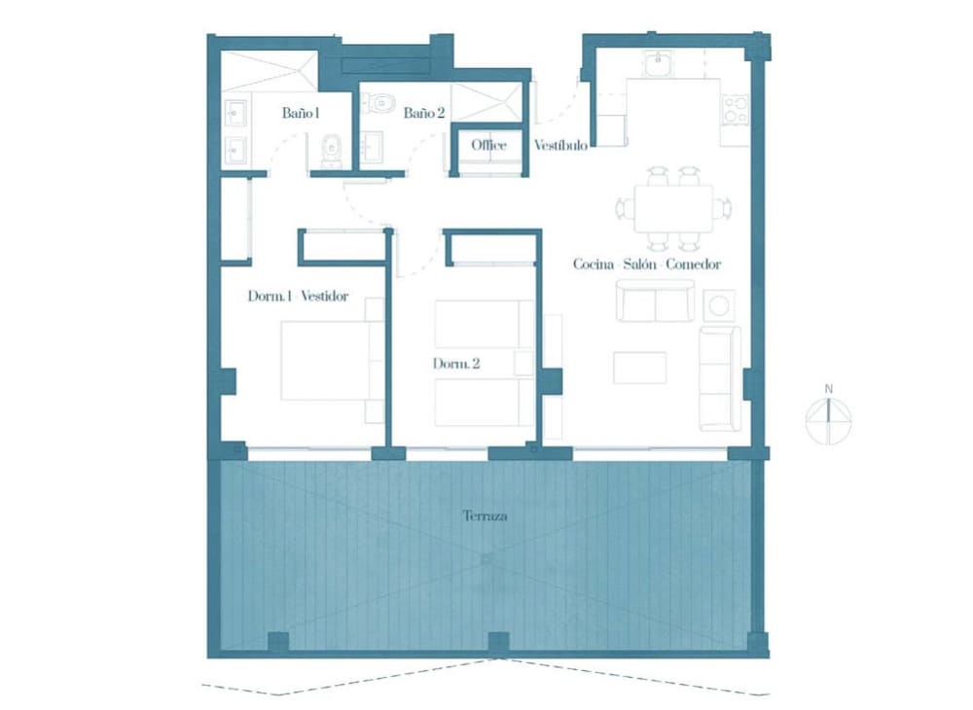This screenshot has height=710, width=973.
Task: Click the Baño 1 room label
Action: [302, 114]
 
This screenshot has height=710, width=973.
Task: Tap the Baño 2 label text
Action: [424, 114]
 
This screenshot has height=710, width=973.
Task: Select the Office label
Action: [488, 145]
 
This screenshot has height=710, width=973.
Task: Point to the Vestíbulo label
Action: [560, 145]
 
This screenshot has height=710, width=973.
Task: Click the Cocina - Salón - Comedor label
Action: [646, 265]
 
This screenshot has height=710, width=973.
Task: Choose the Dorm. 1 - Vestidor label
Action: [298, 297]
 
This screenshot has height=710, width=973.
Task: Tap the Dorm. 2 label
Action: [456, 364]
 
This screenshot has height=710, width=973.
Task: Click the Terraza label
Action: [485, 516]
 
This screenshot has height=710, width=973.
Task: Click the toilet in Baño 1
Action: [330, 148]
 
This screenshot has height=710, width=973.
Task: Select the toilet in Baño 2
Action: [377, 101]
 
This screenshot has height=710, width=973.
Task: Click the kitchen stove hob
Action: [734, 108]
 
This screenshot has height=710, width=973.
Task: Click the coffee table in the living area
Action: [639, 368]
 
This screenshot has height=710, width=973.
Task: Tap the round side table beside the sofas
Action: [719, 305]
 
